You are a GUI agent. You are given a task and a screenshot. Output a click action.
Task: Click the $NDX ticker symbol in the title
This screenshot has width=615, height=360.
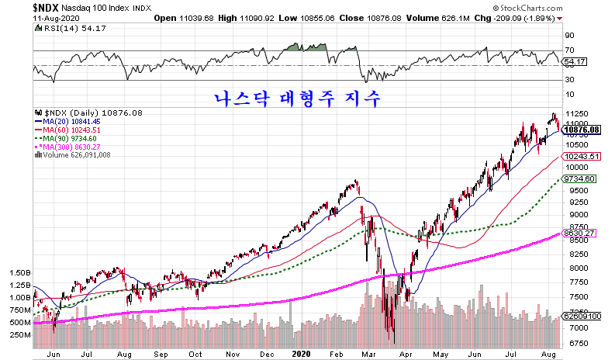[49, 6]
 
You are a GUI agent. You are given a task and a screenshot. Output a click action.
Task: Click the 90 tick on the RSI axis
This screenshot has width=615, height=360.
[568, 35]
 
